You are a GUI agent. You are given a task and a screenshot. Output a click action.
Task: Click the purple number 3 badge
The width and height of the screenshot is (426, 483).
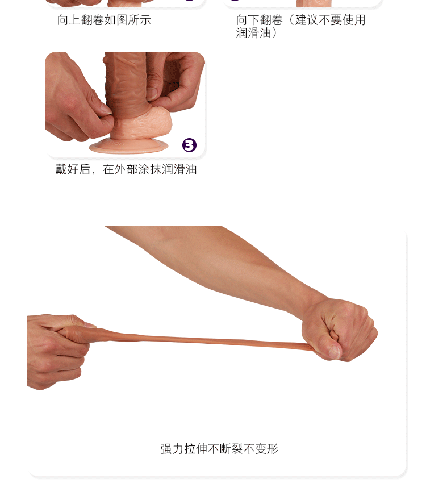point(189,145)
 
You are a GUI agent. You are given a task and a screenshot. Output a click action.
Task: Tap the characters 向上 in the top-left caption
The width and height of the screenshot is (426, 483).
point(69,20)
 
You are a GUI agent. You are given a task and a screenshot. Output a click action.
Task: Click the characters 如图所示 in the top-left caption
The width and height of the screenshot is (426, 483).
point(128,20)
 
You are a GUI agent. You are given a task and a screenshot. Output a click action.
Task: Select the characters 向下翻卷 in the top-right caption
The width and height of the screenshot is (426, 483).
point(260,20)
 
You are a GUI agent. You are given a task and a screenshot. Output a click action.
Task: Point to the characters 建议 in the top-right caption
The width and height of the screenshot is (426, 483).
point(307,20)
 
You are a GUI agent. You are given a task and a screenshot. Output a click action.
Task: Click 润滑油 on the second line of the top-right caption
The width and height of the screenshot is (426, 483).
point(253,33)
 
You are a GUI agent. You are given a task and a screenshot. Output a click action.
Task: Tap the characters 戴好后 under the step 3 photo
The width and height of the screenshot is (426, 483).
point(73,169)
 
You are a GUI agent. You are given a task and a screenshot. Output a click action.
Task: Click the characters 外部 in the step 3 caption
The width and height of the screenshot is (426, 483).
point(126,169)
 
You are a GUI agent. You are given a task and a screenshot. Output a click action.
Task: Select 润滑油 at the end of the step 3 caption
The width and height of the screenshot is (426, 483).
point(179,169)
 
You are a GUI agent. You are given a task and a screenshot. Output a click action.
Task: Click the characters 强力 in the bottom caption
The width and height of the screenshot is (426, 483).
point(172,449)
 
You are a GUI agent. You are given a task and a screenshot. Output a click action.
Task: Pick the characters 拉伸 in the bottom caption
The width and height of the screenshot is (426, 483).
point(196,449)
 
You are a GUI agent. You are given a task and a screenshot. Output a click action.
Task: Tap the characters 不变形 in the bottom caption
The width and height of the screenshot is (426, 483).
point(261,449)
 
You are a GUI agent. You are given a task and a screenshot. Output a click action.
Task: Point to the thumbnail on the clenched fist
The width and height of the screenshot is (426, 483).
point(335,352)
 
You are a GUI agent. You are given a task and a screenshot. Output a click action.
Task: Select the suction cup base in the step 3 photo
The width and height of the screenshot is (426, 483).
point(129,146)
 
